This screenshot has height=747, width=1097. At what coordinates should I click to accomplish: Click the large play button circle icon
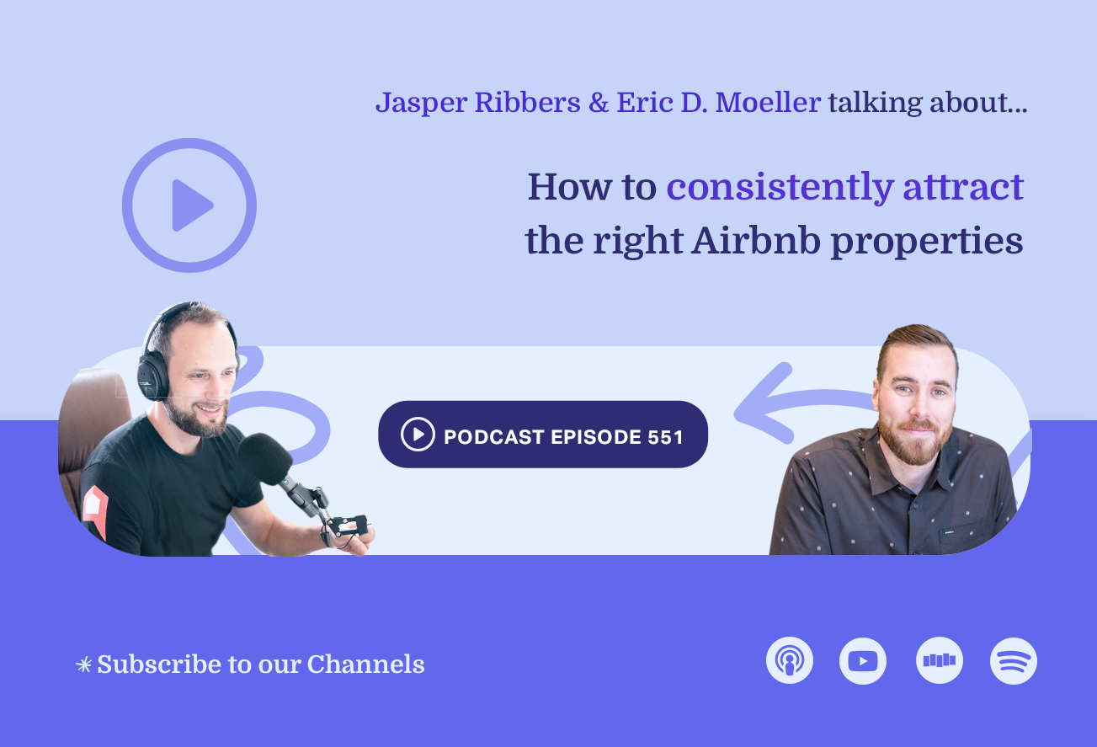pos(189,205)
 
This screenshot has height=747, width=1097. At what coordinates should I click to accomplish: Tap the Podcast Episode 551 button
pos(543,435)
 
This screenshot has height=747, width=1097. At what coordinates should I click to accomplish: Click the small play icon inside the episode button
pos(418,435)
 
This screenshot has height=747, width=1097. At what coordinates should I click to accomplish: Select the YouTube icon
pos(863,661)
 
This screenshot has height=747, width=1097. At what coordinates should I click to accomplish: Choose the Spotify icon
pos(1014,661)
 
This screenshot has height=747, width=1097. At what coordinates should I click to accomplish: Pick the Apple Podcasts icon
pos(790,661)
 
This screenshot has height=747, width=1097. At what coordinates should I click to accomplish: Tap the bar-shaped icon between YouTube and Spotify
pos(940,661)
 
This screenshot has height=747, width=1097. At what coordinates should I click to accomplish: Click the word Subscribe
pos(147,664)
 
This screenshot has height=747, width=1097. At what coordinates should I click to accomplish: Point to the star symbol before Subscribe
pos(83,665)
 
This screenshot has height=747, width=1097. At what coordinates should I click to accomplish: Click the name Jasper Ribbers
pos(477,103)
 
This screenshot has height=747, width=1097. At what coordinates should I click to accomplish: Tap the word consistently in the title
pos(779,187)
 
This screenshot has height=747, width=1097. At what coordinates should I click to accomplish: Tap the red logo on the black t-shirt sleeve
pos(95,510)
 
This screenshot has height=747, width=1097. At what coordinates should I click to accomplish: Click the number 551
pos(665,436)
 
